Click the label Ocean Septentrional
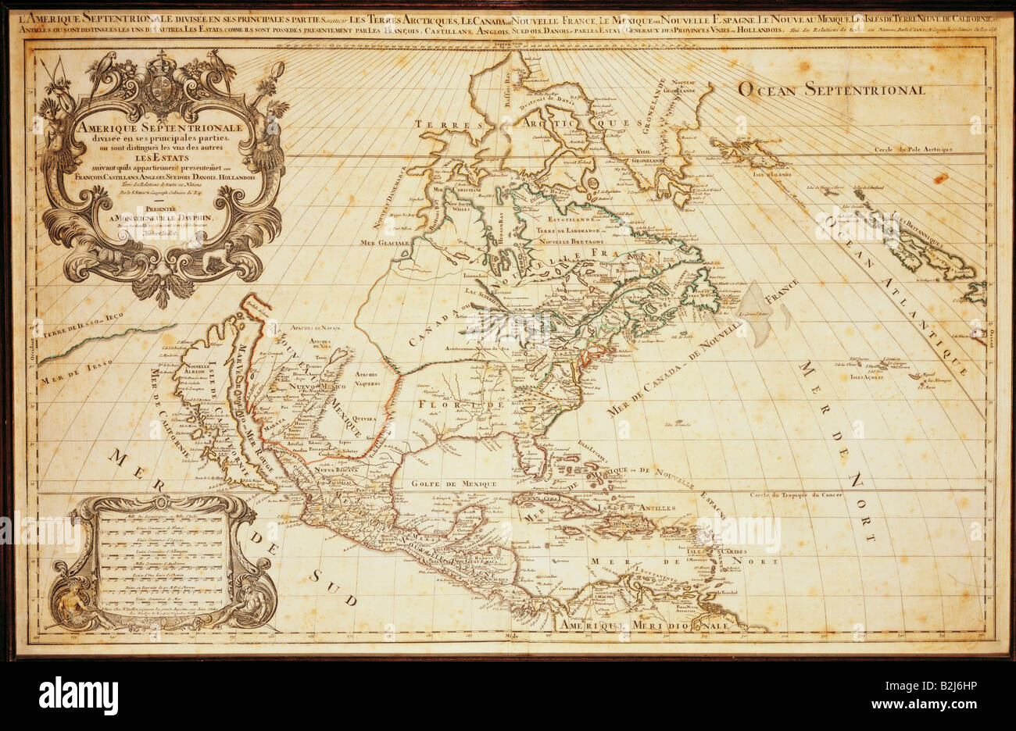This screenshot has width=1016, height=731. click(x=832, y=89)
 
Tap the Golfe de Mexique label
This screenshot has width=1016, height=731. click(x=460, y=484)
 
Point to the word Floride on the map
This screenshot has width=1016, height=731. click(x=460, y=405)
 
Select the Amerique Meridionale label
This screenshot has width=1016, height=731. click(x=642, y=625)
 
